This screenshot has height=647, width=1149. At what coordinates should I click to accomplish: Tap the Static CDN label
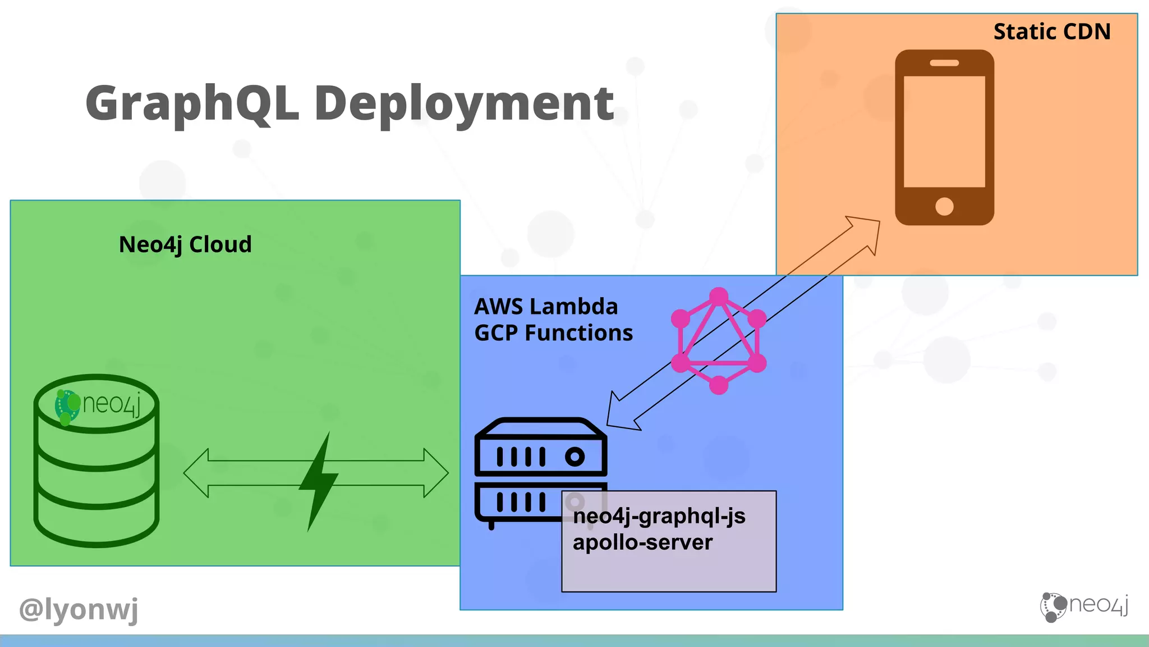(1051, 32)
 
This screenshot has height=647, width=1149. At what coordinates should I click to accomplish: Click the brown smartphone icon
(944, 138)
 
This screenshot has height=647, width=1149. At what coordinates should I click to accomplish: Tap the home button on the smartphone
(944, 206)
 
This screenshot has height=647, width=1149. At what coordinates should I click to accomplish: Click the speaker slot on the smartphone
(944, 63)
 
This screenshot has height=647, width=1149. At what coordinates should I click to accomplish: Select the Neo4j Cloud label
(185, 245)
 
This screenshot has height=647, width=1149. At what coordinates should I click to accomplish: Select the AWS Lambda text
(545, 307)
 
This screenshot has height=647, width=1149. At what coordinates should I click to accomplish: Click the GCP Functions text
(553, 333)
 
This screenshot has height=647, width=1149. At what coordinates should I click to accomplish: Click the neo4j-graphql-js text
(659, 516)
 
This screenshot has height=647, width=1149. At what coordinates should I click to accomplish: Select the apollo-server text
(642, 543)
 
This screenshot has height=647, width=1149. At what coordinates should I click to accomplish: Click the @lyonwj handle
(79, 609)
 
